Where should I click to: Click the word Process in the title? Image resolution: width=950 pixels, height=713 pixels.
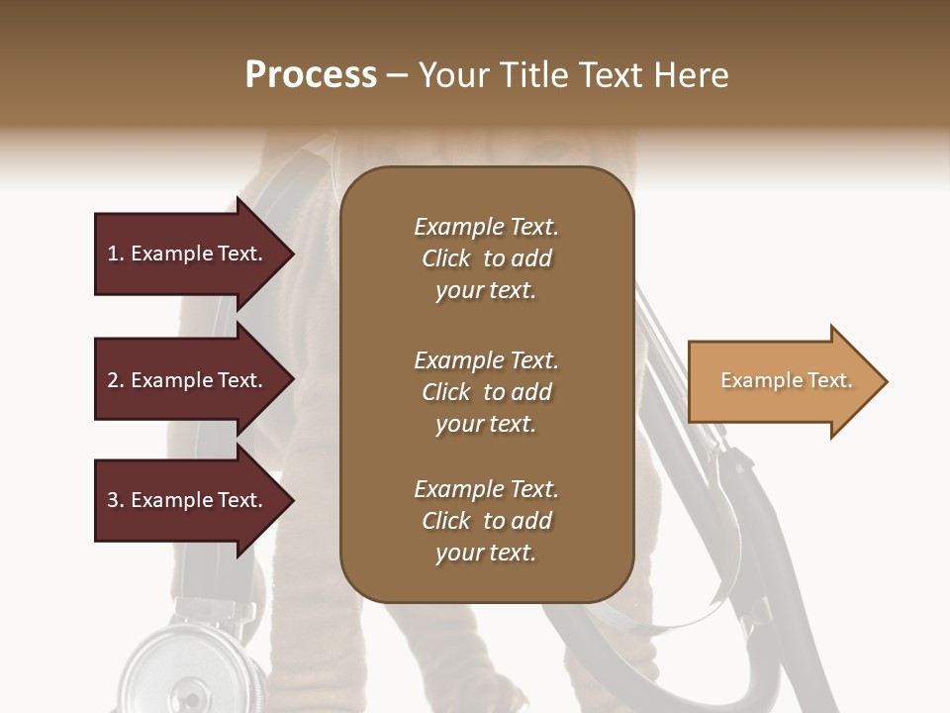click(311, 75)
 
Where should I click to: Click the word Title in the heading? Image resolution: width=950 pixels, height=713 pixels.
click(534, 75)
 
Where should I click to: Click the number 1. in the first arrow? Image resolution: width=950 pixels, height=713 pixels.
click(116, 255)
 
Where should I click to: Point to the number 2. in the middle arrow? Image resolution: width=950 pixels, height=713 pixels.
click(116, 380)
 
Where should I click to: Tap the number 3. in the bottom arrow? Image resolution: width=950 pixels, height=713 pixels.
click(116, 500)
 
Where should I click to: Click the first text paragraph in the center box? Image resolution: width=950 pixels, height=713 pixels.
click(486, 258)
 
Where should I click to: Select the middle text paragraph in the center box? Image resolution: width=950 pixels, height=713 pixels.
click(486, 392)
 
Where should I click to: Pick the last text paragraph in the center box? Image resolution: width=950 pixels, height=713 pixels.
click(486, 521)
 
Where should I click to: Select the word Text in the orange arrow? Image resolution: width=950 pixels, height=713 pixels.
click(827, 380)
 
